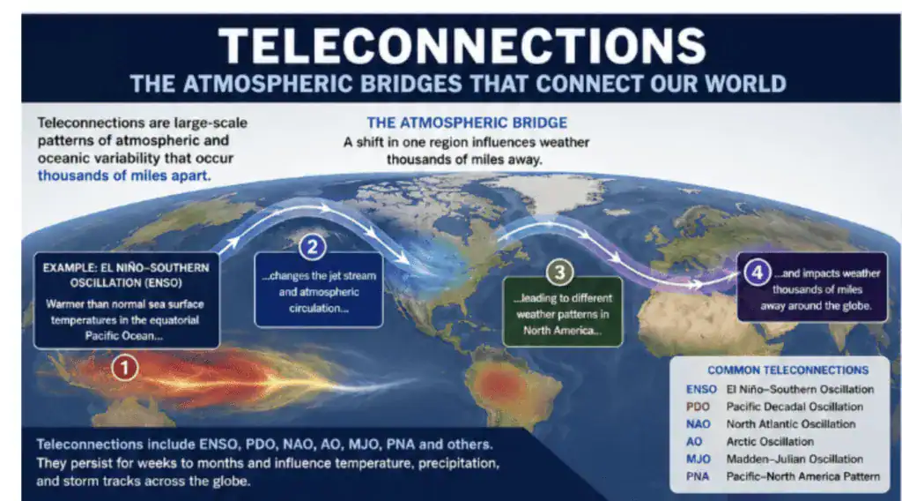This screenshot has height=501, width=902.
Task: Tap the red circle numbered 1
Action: pos(124,368)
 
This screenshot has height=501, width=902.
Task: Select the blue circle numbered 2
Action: pos(313,247)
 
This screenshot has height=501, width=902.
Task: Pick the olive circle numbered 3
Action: pos(559,272)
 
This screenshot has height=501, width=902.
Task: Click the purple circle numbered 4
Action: pos(757,272)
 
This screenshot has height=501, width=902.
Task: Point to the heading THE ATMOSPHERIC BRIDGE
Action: pos(467,123)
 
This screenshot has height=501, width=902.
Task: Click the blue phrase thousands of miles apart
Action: pos(124,176)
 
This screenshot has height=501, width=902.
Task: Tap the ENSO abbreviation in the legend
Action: pos(701,389)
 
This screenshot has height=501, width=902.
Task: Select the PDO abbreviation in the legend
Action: pos(698,407)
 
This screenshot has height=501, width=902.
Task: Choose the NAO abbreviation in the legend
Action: pos(699,424)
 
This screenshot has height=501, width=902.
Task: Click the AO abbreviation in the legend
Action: pos(694,442)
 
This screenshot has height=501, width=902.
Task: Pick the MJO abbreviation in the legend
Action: pos(699,459)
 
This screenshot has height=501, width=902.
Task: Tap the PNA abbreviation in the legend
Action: pos(698,476)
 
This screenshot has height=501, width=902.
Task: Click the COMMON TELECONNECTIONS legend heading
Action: pos(788,370)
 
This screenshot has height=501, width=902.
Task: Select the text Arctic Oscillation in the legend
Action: pos(770,442)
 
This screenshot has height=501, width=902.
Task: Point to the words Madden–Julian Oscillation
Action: pos(795,459)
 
